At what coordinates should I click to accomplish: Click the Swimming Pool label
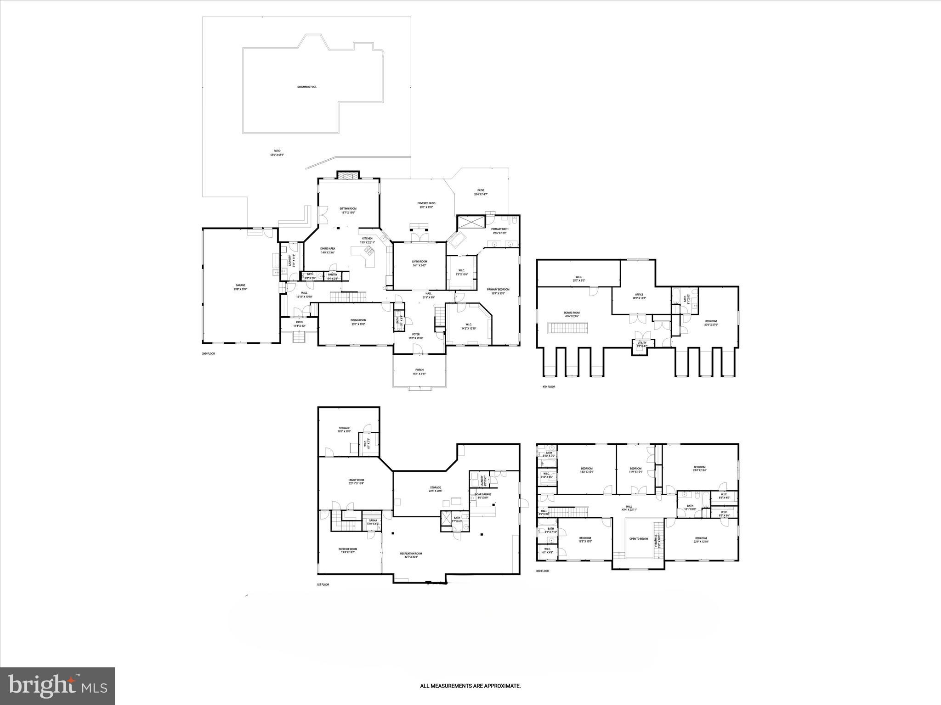[306, 87]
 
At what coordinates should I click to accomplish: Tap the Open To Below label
[639, 539]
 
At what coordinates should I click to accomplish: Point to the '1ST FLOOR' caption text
[323, 585]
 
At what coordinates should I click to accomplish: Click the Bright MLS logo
[57, 686]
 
